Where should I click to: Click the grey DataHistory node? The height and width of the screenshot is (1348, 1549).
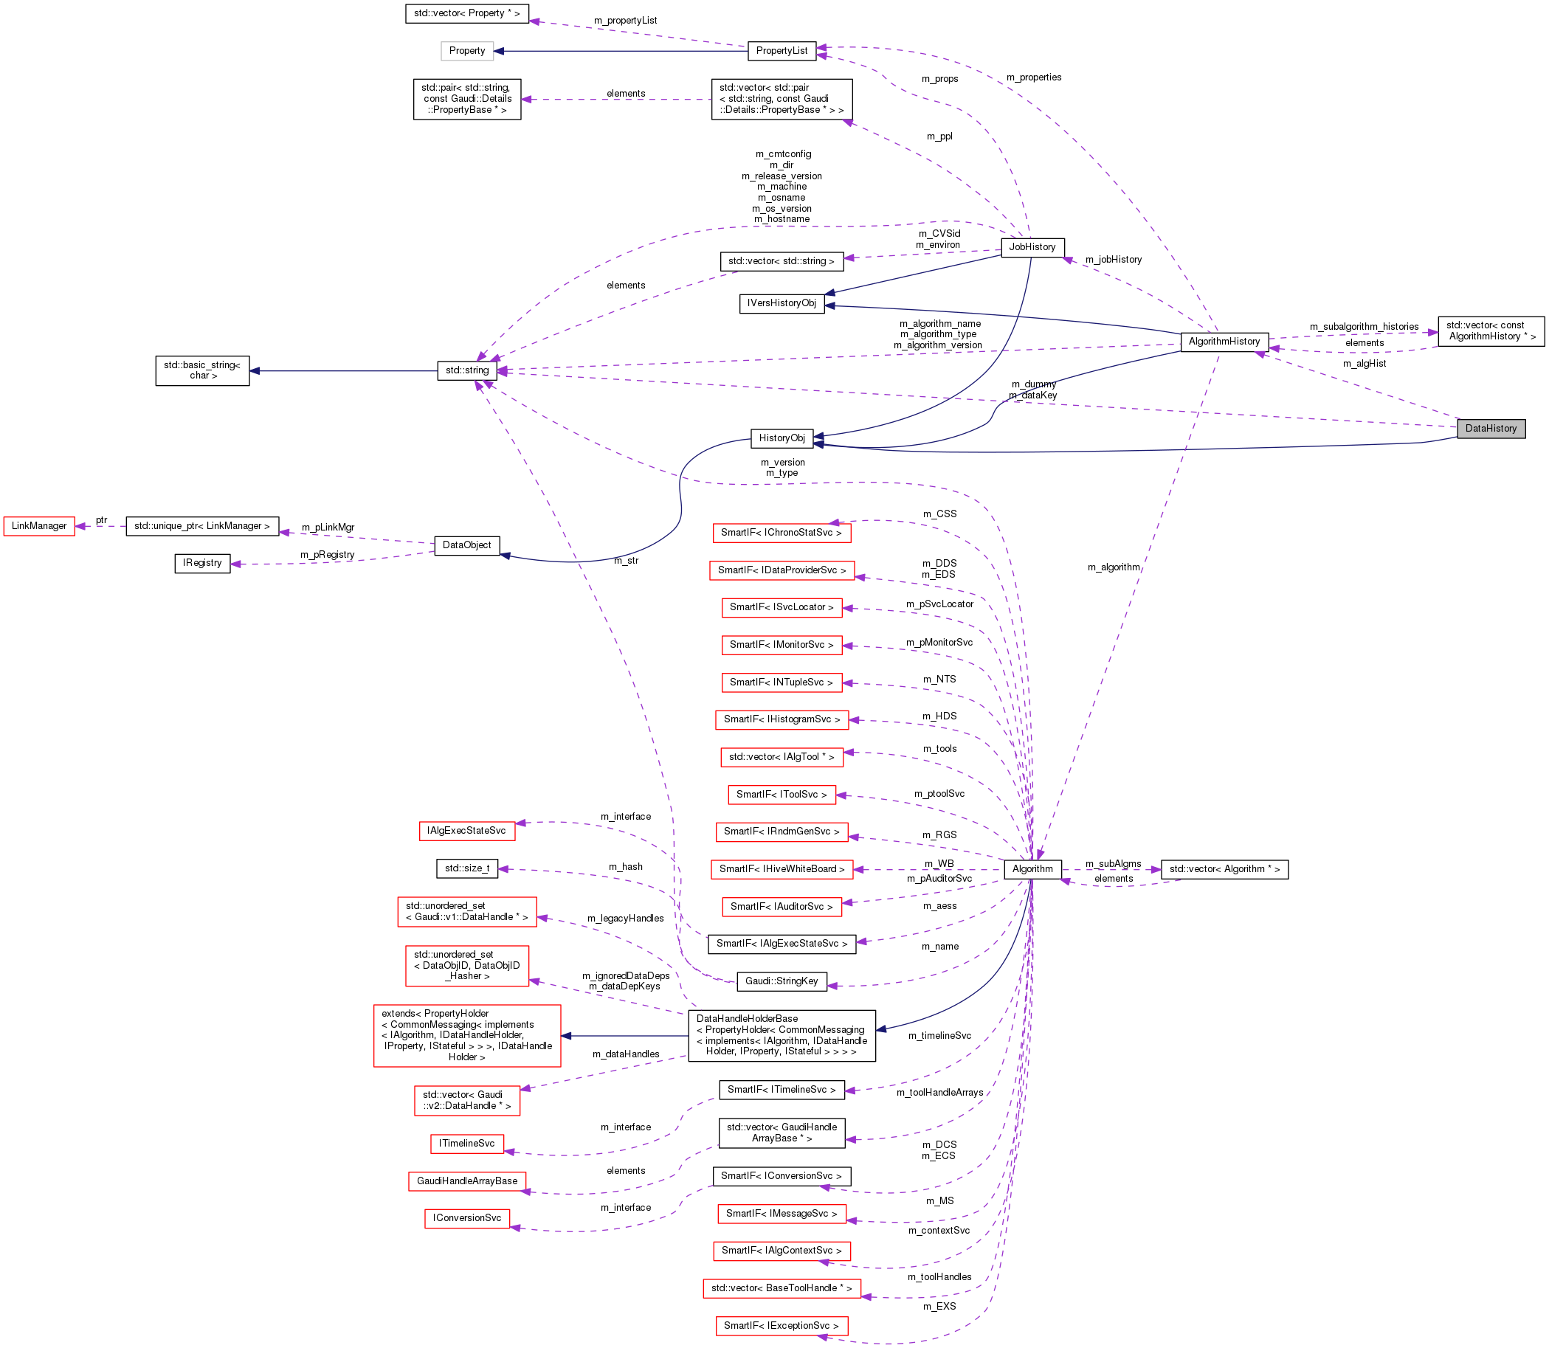[1490, 429]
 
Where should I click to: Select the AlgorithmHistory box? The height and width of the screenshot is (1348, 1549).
[1224, 342]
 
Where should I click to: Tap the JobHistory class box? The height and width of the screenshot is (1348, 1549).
[1032, 246]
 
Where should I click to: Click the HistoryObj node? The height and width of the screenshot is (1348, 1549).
[781, 438]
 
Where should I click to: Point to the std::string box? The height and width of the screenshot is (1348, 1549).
[466, 370]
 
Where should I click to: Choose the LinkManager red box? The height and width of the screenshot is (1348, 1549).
[38, 526]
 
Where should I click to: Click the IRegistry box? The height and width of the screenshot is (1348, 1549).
[201, 563]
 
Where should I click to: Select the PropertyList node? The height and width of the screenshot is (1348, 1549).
[781, 50]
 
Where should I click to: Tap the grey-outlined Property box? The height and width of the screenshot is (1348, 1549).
[466, 50]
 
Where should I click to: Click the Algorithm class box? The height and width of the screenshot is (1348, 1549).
[1032, 869]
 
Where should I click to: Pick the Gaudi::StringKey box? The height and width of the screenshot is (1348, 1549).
[781, 981]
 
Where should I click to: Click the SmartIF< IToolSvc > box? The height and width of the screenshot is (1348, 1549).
[781, 795]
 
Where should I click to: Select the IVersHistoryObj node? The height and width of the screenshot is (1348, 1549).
[781, 303]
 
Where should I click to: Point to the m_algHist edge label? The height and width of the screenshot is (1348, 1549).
[1364, 363]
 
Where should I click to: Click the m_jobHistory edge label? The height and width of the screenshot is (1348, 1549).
[1113, 260]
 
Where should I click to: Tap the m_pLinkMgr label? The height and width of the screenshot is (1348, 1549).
[327, 528]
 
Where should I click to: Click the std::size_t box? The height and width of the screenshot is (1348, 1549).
[466, 869]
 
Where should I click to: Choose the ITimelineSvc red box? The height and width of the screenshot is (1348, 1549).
[466, 1144]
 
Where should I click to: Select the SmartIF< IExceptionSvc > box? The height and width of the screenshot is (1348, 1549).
[781, 1325]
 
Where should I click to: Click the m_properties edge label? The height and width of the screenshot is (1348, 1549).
[1033, 77]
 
